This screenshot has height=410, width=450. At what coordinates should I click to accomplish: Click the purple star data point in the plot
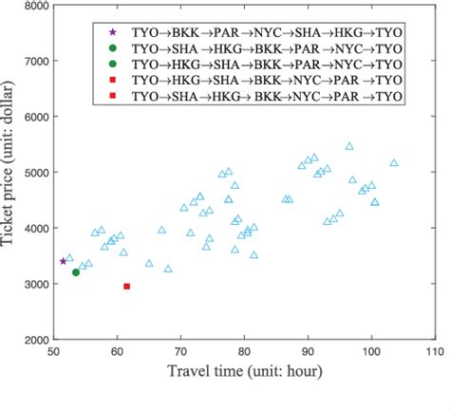pos(64,261)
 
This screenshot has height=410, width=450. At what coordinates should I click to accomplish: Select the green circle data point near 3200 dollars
pos(76,272)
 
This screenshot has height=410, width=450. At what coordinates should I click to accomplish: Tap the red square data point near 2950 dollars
pos(127,286)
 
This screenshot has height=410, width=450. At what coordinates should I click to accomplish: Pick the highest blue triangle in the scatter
pos(349,147)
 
